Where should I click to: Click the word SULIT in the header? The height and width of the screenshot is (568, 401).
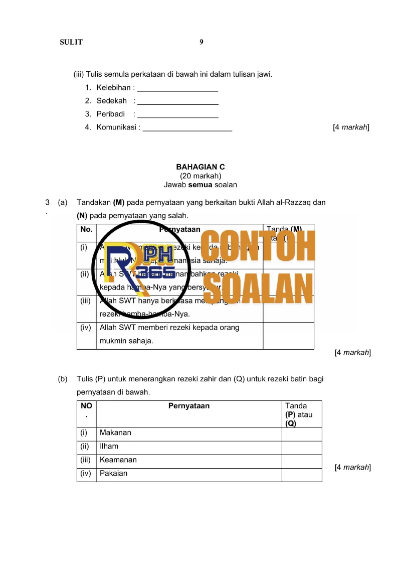(71, 42)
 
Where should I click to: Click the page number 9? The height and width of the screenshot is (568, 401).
(202, 42)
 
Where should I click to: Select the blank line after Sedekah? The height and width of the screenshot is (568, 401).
(177, 102)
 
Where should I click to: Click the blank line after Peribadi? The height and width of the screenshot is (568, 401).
(177, 116)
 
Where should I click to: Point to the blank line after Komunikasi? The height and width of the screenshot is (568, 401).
(187, 129)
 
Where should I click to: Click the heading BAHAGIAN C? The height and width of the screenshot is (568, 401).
(200, 167)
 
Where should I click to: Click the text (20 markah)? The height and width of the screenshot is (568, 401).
(200, 176)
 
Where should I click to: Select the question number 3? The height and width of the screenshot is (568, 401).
(47, 203)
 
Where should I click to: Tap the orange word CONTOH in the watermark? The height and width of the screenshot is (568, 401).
(259, 246)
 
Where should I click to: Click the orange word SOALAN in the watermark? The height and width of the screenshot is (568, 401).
(259, 287)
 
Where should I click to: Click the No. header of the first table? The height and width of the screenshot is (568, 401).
(86, 229)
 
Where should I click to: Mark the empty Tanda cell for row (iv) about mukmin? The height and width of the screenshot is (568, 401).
(288, 335)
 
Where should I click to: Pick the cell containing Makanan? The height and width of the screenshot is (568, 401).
(188, 433)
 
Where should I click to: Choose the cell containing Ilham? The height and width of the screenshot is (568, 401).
(188, 447)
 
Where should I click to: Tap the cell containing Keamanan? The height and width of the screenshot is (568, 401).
(188, 460)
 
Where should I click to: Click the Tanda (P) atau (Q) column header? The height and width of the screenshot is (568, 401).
(302, 414)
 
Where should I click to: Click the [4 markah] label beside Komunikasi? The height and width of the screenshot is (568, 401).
(351, 127)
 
